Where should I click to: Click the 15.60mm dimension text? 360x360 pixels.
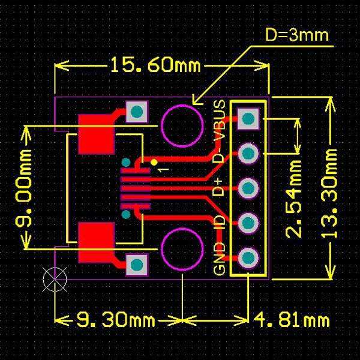tap(154, 64)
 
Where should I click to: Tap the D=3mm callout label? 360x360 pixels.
tap(297, 35)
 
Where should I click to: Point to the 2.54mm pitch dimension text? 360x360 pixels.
tap(293, 197)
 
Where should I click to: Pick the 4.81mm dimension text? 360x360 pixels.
tap(292, 319)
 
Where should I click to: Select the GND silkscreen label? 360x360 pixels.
tap(220, 259)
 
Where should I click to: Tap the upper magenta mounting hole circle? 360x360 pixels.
tap(182, 125)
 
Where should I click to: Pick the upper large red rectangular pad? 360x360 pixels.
tap(96, 133)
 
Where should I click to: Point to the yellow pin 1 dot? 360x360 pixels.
tap(154, 162)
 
